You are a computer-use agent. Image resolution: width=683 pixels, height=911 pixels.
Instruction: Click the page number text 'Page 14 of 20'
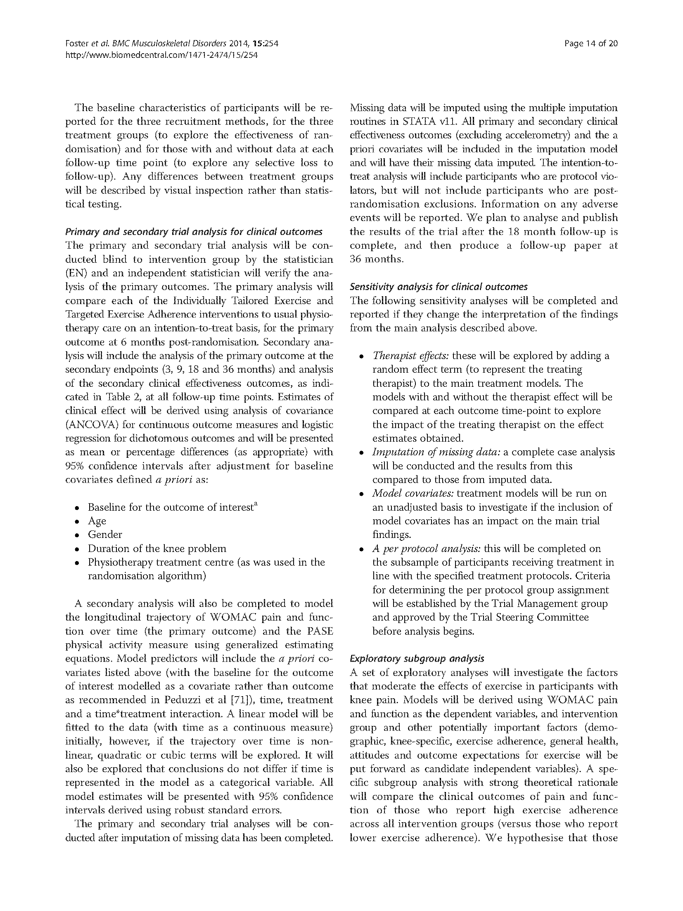(591, 43)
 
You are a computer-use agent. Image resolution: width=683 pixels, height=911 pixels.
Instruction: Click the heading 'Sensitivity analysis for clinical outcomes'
(438, 287)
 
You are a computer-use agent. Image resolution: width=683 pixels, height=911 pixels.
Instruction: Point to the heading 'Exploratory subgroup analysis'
(417, 659)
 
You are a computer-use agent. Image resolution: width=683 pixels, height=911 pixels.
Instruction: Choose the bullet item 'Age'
(97, 521)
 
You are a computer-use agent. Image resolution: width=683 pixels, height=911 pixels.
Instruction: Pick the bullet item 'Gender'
(105, 535)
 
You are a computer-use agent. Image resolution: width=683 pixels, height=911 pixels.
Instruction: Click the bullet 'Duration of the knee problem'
(157, 549)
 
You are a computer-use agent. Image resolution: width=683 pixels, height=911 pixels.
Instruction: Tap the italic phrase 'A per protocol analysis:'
(426, 549)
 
